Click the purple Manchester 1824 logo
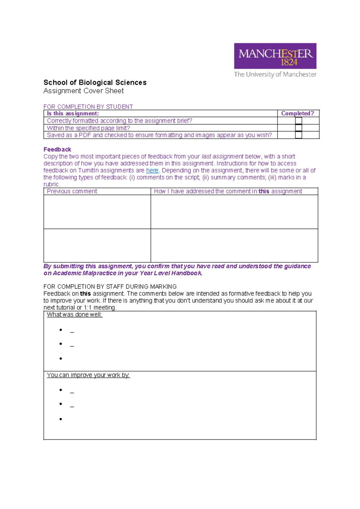pyautogui.click(x=275, y=56)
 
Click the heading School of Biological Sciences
pyautogui.click(x=95, y=83)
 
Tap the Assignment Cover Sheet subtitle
pyautogui.click(x=83, y=91)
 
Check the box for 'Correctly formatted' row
pyautogui.click(x=298, y=121)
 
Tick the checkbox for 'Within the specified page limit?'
pyautogui.click(x=298, y=128)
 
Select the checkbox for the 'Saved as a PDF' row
pyautogui.click(x=298, y=135)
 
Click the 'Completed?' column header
pyautogui.click(x=297, y=113)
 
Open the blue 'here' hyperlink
pyautogui.click(x=152, y=170)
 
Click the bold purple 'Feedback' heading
pyautogui.click(x=57, y=149)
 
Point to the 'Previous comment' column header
pyautogui.click(x=72, y=191)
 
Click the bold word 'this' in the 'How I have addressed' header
pyautogui.click(x=264, y=191)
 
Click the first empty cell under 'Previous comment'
pyautogui.click(x=97, y=212)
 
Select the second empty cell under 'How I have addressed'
pyautogui.click(x=234, y=245)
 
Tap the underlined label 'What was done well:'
pyautogui.click(x=74, y=315)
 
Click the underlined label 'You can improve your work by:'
pyautogui.click(x=88, y=375)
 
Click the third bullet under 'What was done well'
pyautogui.click(x=61, y=359)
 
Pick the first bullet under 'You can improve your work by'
pyautogui.click(x=61, y=390)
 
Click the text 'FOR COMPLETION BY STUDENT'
pyautogui.click(x=88, y=107)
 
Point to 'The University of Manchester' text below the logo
pyautogui.click(x=275, y=74)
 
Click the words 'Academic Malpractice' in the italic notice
pyautogui.click(x=85, y=273)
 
